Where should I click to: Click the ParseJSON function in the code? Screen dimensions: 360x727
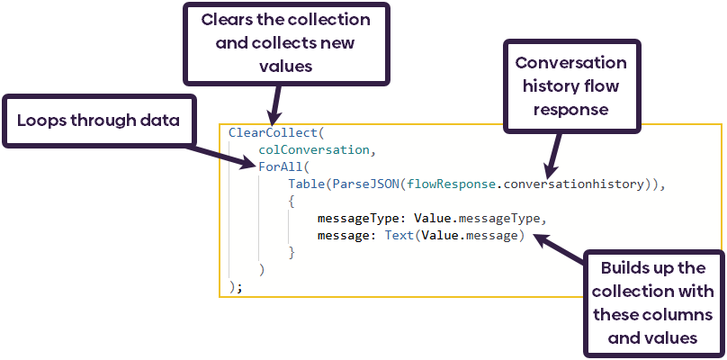point(366,184)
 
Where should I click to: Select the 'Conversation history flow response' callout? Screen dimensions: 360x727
point(571,86)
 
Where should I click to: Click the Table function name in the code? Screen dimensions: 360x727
point(306,184)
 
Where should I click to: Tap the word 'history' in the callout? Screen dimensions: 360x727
point(543,86)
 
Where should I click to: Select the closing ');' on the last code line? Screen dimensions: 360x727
point(236,287)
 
